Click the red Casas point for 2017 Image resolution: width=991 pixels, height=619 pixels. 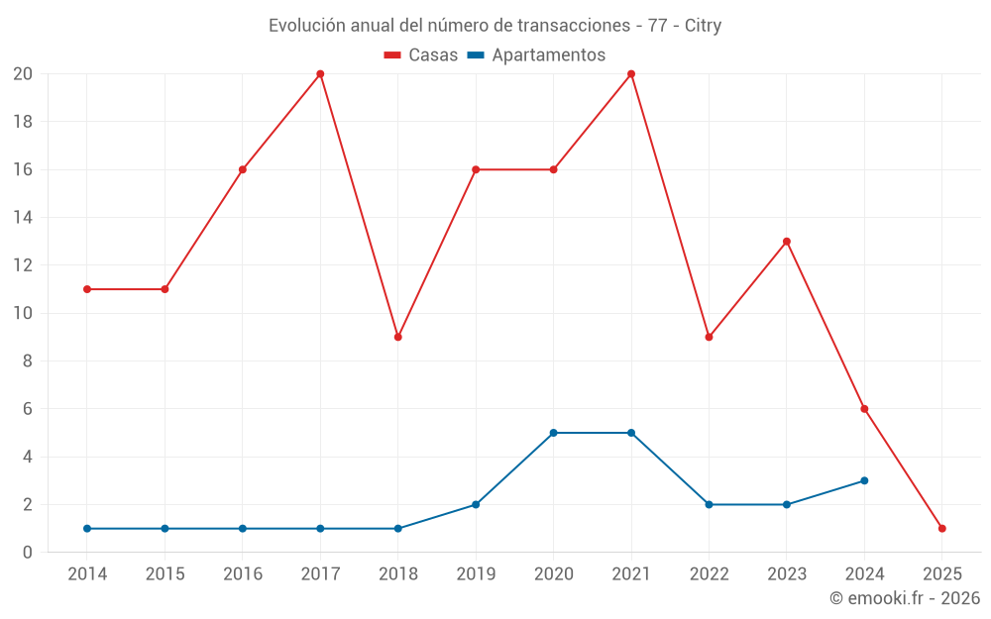point(320,74)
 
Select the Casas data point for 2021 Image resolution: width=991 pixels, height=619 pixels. point(631,74)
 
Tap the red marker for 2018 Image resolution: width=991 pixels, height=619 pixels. point(398,337)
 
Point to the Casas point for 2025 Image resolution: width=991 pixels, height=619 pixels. point(941,529)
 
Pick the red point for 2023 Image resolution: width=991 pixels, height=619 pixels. point(787,242)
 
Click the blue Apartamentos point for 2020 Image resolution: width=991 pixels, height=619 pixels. point(553,433)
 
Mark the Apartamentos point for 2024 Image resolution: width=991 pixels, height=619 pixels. point(864,480)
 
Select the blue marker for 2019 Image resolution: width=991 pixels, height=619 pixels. point(476,505)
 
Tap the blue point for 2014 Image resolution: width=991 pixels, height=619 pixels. point(87,529)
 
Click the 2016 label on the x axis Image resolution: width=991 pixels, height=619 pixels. point(243,574)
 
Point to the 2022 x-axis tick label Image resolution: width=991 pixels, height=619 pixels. point(709,574)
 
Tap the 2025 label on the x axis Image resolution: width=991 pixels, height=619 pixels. point(941,574)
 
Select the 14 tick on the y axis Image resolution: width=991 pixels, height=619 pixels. point(23,218)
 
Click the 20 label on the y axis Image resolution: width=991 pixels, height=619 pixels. point(23,74)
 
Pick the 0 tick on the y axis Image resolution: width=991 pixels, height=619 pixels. point(28,553)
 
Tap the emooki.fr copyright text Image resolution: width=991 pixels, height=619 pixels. point(905,598)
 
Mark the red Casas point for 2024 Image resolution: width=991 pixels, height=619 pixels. point(864,409)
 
